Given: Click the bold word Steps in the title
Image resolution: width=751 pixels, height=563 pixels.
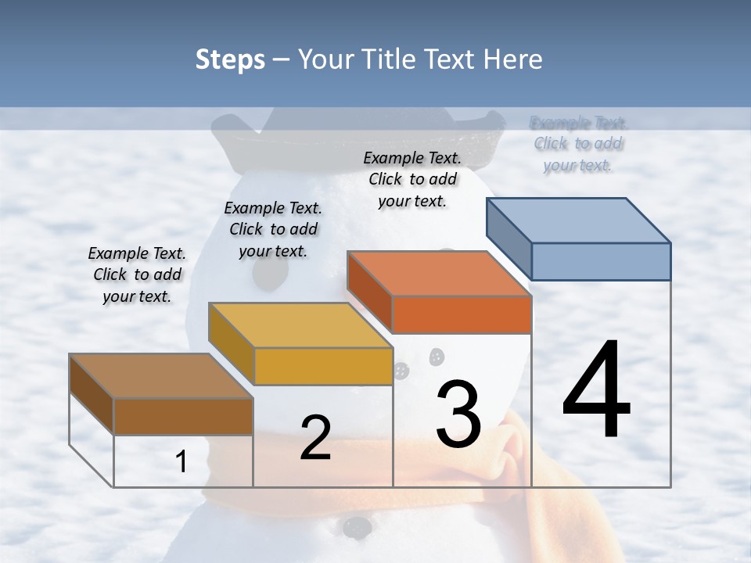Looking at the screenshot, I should click(x=229, y=59).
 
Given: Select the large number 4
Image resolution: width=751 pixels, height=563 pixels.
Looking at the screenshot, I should click(x=596, y=391).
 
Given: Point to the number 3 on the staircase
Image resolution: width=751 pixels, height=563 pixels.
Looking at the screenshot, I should click(x=458, y=414).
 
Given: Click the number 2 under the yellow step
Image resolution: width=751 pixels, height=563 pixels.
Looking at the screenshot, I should click(x=315, y=439).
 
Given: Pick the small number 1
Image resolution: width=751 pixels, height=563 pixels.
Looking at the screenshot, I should click(x=181, y=462).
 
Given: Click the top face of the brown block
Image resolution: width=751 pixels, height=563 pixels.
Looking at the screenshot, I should click(x=160, y=376).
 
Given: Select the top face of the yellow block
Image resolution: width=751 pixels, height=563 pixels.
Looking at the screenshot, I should click(x=300, y=325).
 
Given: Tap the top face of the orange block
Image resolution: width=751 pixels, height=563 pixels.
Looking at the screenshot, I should click(x=439, y=274).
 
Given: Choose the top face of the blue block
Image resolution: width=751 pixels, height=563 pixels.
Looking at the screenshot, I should click(x=578, y=221).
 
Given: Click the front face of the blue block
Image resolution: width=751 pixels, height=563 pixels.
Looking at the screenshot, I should click(x=601, y=261).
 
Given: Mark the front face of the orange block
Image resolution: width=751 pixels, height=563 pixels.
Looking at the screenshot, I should click(x=462, y=315).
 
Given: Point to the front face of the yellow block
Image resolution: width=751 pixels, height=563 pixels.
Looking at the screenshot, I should click(x=323, y=367).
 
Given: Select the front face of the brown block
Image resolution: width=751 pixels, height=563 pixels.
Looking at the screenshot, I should click(x=183, y=416).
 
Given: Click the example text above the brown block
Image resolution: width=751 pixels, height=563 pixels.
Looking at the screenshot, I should click(x=137, y=274).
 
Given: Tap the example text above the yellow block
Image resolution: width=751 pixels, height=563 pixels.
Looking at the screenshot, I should click(x=273, y=229).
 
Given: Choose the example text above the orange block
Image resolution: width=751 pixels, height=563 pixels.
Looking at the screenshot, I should click(x=412, y=179).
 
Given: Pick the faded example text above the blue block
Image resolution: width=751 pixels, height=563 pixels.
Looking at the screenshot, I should click(x=578, y=144).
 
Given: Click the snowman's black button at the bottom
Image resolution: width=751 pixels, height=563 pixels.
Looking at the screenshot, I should click(x=357, y=526).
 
